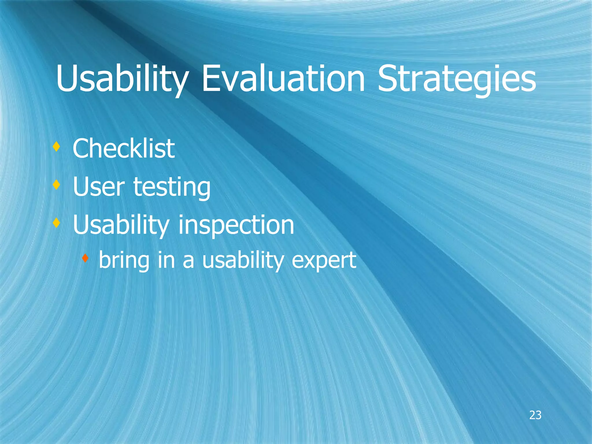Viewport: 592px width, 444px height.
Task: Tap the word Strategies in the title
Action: tap(457, 79)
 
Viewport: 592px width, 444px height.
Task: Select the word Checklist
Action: tap(124, 149)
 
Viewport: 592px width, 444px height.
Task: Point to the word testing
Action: tap(172, 187)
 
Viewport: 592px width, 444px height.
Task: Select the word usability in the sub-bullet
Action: tap(243, 260)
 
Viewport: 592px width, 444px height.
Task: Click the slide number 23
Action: tap(535, 415)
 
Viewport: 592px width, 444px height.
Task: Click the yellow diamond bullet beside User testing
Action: tap(57, 184)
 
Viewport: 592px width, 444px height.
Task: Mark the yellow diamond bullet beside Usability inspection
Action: tap(57, 223)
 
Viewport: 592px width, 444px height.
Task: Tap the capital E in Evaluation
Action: tap(210, 79)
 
